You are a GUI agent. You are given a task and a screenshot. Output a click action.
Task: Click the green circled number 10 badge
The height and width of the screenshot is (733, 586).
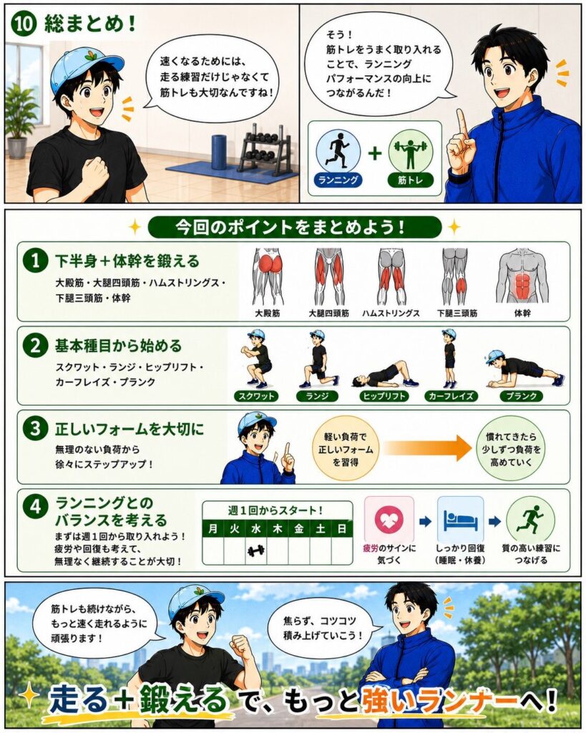point(24,24)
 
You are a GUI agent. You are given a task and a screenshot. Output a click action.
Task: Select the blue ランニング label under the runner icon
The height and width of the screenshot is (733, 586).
point(338,180)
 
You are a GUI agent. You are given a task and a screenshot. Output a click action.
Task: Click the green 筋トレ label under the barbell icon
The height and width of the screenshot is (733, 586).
point(410,180)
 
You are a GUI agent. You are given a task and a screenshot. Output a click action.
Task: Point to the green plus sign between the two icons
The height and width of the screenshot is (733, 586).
point(375,153)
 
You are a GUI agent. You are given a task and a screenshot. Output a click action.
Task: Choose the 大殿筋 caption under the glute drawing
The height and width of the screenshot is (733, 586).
point(268,314)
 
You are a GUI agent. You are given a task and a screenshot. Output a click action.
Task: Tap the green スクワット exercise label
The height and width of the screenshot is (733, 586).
point(256,397)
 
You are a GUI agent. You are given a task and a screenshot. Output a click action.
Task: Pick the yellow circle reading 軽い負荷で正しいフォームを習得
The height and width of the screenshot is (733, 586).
point(346,450)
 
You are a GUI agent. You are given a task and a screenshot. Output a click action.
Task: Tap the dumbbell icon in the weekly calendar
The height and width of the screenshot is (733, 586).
point(256,550)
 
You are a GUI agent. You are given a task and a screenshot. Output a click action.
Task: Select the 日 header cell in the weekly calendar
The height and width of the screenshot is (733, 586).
point(341,529)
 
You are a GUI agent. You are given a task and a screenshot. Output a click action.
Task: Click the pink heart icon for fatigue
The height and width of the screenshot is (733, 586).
point(389,520)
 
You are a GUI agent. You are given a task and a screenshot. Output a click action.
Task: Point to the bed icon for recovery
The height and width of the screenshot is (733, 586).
point(460,520)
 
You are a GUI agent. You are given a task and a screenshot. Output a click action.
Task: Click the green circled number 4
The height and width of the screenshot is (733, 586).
point(35,507)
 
